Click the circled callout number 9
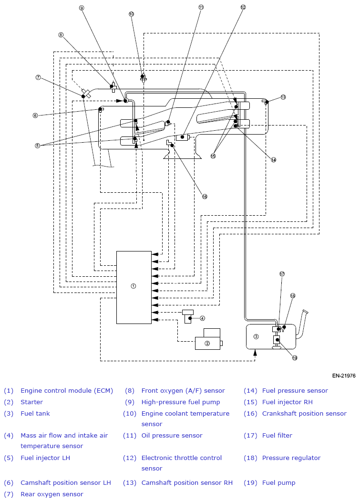pyautogui.click(x=81, y=8)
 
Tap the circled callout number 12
pyautogui.click(x=243, y=7)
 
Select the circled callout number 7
pyautogui.click(x=39, y=77)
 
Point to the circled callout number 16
pyautogui.click(x=205, y=196)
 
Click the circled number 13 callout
pyautogui.click(x=283, y=97)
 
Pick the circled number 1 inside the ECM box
pyautogui.click(x=134, y=286)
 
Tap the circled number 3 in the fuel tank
pyautogui.click(x=256, y=336)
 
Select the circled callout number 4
pyautogui.click(x=202, y=318)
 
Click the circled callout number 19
pyautogui.click(x=294, y=358)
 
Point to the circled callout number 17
pyautogui.click(x=282, y=274)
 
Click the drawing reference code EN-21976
pyautogui.click(x=344, y=376)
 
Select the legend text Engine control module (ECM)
pyautogui.click(x=67, y=391)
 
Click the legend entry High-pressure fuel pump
pyautogui.click(x=181, y=402)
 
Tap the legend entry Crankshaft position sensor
pyautogui.click(x=304, y=414)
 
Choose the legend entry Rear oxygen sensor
pyautogui.click(x=52, y=494)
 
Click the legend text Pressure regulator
pyautogui.click(x=291, y=458)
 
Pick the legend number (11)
pyautogui.click(x=130, y=435)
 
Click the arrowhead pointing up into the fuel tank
pyautogui.click(x=255, y=352)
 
